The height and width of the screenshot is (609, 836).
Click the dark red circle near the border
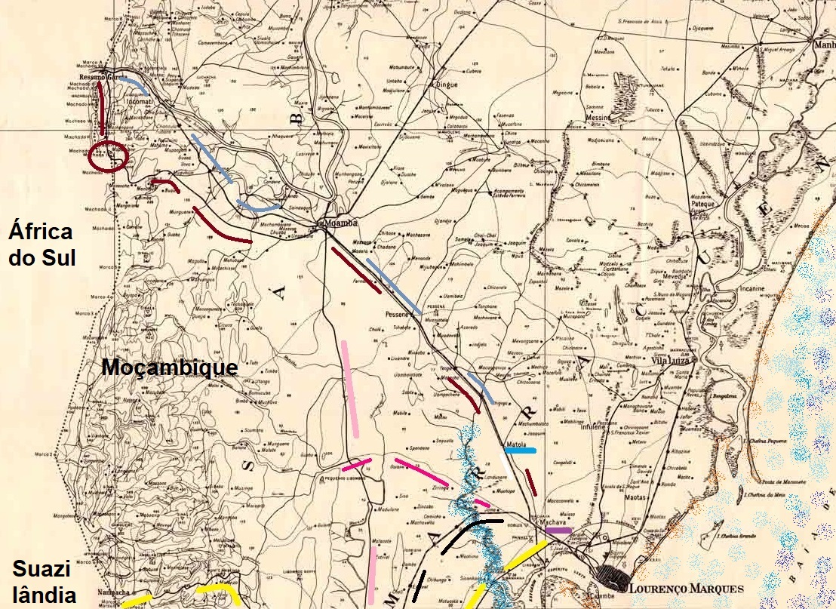pyautogui.click(x=108, y=156)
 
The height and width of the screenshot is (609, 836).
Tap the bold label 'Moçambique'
pyautogui.click(x=169, y=368)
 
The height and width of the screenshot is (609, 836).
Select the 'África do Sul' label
pyautogui.click(x=41, y=245)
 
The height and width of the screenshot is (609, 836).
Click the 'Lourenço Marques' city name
pyautogui.click(x=678, y=589)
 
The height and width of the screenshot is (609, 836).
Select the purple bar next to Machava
pyautogui.click(x=558, y=531)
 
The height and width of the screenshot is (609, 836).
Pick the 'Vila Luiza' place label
pyautogui.click(x=650, y=361)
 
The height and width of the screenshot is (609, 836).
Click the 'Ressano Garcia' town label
pyautogui.click(x=103, y=77)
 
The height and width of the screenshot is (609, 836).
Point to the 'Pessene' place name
pyautogui.click(x=397, y=312)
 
